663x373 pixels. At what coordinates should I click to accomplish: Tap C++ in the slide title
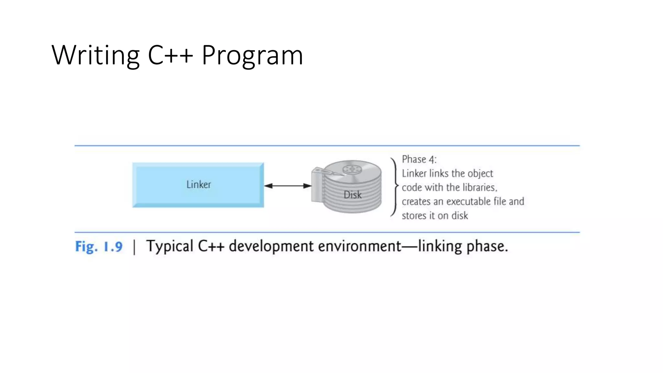[170, 55]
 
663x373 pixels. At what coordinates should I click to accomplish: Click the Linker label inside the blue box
[198, 185]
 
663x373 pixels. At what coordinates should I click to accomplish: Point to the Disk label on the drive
[352, 195]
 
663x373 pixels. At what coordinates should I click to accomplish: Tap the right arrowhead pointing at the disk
[307, 186]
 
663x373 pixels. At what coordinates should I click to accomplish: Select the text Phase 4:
[419, 159]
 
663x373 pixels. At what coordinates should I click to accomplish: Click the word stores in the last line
[414, 216]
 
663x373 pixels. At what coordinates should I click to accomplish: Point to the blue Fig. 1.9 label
[99, 247]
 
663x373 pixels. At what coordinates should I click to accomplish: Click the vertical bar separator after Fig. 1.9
[134, 247]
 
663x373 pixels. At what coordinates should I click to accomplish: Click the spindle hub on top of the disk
[351, 169]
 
